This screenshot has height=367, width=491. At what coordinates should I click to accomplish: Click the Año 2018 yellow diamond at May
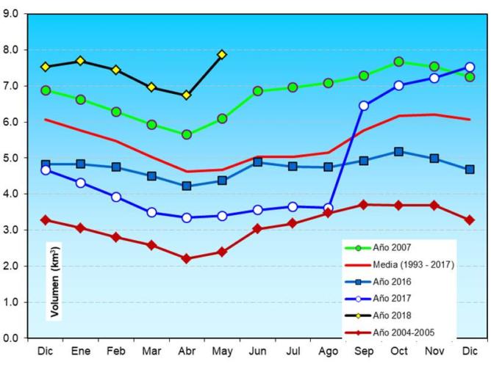click(x=222, y=54)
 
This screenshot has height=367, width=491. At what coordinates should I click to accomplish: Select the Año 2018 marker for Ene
click(x=81, y=61)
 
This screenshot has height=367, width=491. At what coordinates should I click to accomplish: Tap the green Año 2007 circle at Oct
click(x=398, y=62)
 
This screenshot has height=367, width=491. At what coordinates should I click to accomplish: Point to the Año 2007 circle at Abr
click(x=187, y=134)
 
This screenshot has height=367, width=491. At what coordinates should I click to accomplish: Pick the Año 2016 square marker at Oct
click(x=398, y=152)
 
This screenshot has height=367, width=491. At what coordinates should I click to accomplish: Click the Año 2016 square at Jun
click(x=257, y=161)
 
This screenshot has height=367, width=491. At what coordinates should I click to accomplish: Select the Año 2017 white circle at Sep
click(x=363, y=106)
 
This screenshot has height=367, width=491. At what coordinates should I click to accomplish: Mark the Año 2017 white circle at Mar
click(x=151, y=212)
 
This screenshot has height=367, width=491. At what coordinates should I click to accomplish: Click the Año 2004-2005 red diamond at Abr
click(x=187, y=258)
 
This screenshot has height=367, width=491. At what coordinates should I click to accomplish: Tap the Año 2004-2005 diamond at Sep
click(x=363, y=204)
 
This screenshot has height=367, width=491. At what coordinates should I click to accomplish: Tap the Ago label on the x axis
click(x=328, y=352)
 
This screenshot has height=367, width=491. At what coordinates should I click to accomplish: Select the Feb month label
click(x=116, y=352)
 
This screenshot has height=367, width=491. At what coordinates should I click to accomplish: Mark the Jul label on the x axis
click(x=293, y=352)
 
